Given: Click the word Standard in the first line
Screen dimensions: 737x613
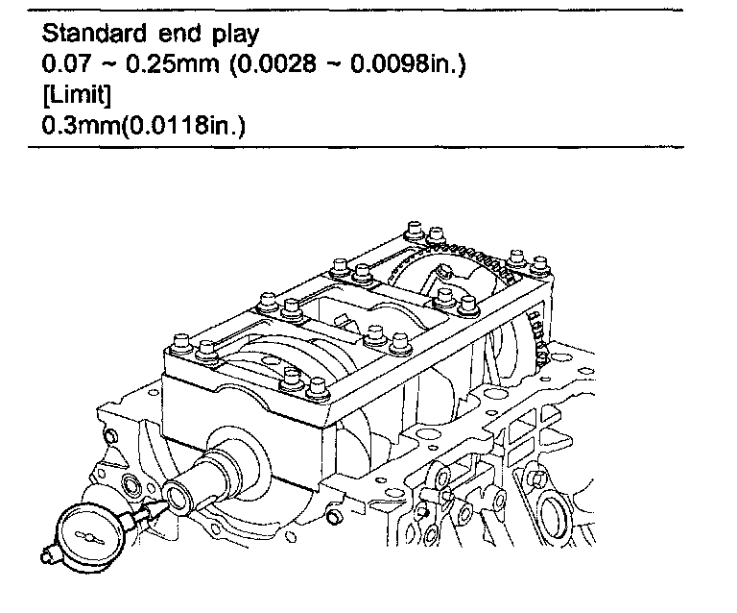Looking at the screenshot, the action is pos(87,36).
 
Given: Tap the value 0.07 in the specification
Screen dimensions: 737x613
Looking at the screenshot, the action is pos(63,66).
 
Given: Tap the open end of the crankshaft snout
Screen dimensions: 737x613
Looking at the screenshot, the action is pos(178,498).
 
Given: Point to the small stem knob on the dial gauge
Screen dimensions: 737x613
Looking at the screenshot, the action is pos(45,553).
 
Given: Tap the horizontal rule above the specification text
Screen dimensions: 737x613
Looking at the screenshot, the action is pos(355,11).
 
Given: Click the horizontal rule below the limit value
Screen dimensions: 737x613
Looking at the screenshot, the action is pos(355,148).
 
